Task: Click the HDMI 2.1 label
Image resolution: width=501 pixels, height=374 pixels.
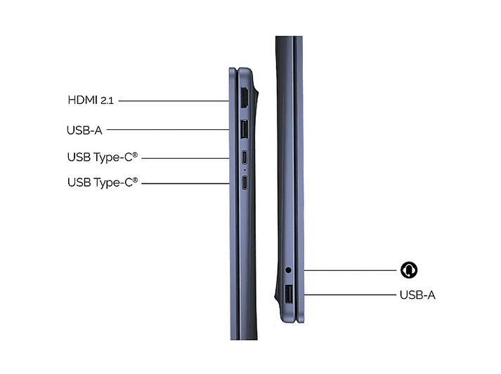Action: coord(91,100)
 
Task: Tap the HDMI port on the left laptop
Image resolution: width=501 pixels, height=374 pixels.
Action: coord(245,98)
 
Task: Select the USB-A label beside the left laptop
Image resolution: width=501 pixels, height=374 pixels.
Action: coord(84,131)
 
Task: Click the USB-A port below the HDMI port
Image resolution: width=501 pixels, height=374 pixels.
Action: coord(244,129)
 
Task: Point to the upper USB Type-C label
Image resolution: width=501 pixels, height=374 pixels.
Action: coord(103,157)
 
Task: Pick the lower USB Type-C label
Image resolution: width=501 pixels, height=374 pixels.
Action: coord(103,183)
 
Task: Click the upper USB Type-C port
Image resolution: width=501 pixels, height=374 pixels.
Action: coord(245,157)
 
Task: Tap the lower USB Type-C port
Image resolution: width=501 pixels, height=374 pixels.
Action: coord(245,183)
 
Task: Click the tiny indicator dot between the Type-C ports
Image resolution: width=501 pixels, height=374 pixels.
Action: coord(245,169)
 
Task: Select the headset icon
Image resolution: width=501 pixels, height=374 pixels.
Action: coord(409,270)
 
